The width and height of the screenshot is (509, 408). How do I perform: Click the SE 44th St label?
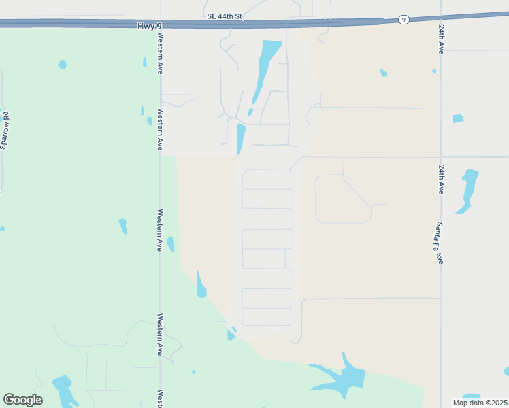225,15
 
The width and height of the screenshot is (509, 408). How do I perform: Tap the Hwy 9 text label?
150,24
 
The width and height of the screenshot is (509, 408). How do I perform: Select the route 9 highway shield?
404,20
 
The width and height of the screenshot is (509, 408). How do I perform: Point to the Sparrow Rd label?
6,131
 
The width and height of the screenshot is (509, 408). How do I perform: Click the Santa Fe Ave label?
440,243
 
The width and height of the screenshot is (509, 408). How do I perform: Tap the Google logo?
22,400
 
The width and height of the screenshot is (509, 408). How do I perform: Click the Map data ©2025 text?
480,403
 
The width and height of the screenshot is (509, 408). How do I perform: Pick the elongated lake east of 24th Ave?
468,189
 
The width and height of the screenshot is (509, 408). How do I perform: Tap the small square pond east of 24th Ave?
458,118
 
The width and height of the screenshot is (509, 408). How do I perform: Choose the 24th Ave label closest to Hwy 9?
441,41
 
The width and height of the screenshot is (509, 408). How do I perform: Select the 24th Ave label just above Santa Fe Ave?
441,179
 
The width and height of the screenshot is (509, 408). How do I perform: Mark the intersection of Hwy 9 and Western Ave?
161,24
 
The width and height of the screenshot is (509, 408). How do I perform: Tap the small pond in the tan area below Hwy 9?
383,72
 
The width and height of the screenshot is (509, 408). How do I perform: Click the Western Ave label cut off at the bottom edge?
161,399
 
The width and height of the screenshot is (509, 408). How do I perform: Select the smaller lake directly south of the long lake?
240,139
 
